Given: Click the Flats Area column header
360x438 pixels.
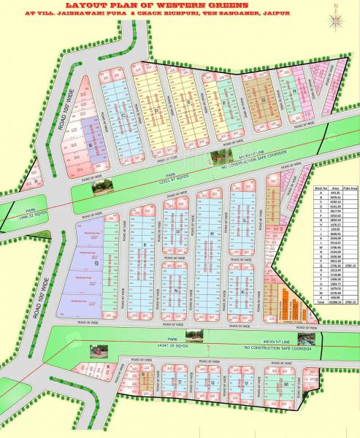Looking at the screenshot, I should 349,188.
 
